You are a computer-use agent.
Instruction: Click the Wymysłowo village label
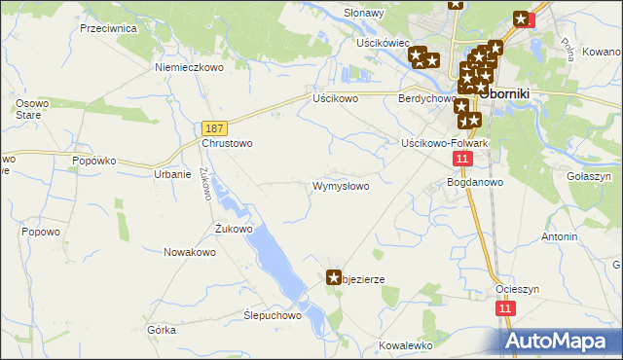coord(340,186)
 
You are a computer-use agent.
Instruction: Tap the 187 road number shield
coord(215,127)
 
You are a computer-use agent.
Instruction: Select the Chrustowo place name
coord(227,143)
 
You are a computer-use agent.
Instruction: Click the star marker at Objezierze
coord(334,278)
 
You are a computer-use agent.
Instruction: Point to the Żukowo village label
coord(234,230)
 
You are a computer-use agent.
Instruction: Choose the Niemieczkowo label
coord(190,68)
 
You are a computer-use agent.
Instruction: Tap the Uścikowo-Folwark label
coord(444,143)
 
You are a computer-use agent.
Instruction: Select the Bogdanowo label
coord(474,182)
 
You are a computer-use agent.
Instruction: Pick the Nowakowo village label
coord(190,252)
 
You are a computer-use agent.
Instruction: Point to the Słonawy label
coord(364,14)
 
